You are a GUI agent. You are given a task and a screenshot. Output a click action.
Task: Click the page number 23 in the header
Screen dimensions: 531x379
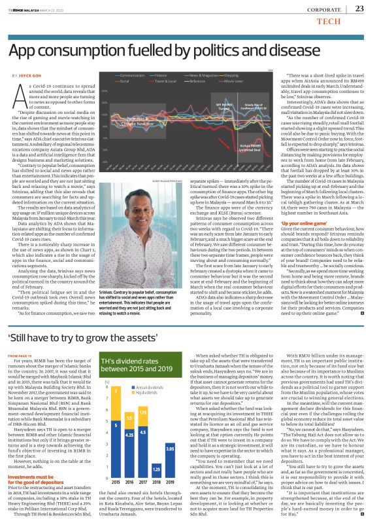pos(359,9)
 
